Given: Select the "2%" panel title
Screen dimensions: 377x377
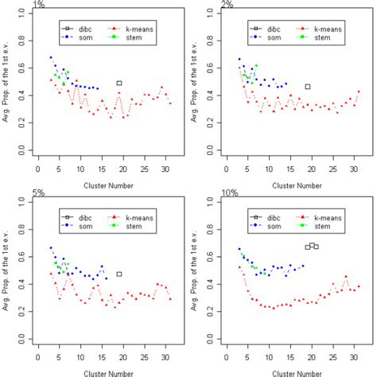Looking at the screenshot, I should (x=228, y=5).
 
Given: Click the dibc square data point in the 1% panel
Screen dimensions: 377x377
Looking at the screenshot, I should (x=119, y=83).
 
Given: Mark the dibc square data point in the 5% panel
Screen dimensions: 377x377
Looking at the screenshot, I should (x=119, y=274).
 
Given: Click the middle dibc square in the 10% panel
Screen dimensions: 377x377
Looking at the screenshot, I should (x=312, y=245).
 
